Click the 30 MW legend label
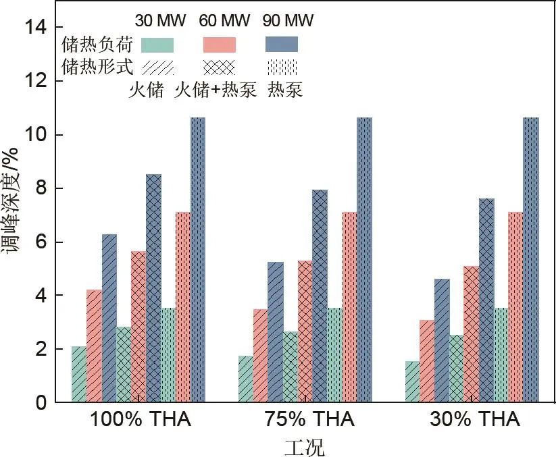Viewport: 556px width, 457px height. (x=157, y=21)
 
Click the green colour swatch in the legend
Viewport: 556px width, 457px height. (x=157, y=45)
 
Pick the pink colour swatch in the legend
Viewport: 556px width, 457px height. (x=220, y=45)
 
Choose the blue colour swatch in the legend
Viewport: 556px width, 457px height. (x=282, y=45)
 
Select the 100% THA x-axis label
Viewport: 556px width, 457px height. (x=141, y=420)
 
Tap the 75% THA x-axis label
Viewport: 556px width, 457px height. (x=307, y=420)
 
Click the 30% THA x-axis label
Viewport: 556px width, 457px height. (x=475, y=420)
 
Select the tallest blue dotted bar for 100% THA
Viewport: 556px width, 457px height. (x=198, y=260)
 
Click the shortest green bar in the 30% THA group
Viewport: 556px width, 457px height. (x=412, y=382)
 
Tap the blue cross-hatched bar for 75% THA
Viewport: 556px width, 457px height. (x=320, y=296)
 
